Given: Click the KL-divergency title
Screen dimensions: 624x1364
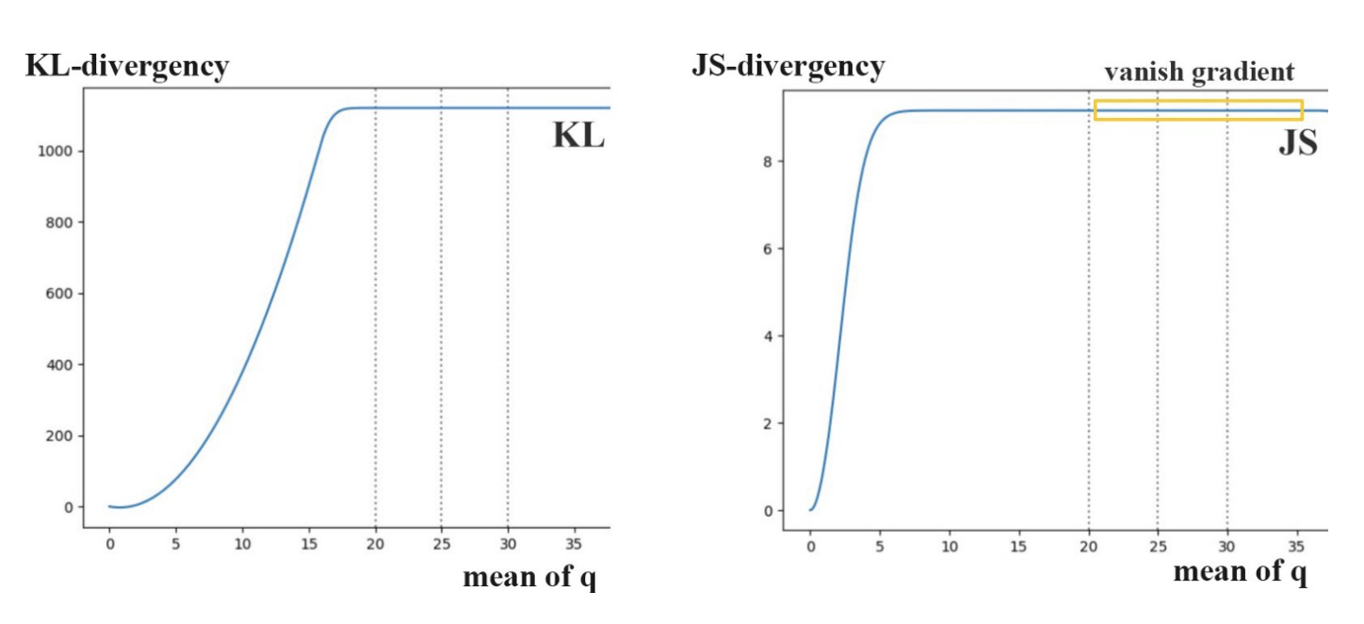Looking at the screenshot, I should coord(127,67).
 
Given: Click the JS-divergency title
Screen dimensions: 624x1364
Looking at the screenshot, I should coord(788,67).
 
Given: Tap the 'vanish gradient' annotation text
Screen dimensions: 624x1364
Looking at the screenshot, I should coord(1199,72).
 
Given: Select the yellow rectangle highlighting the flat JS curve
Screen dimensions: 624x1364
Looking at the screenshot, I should coord(1198,110).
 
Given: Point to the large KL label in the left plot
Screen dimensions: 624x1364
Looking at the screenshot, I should coord(577,137).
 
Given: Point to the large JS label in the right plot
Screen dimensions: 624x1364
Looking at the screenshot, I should coord(1298,142).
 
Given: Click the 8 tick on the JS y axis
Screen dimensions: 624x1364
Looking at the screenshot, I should coord(768,162).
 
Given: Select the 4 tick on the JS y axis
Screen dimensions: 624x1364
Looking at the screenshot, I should coord(768,337).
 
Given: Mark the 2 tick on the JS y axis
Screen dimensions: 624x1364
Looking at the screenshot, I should coord(768,424).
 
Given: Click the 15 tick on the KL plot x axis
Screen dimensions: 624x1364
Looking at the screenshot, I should coord(309,544).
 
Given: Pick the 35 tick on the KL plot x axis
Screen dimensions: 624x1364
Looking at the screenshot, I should coord(575,544).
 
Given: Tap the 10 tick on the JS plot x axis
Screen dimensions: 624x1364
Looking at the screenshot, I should coord(950,546).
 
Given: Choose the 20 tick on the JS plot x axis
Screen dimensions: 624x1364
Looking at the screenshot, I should coord(1088,546).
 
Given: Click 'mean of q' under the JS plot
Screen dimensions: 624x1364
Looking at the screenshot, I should coord(1240,571).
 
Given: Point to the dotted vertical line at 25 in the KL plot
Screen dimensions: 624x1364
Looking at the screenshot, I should coord(441,311).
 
